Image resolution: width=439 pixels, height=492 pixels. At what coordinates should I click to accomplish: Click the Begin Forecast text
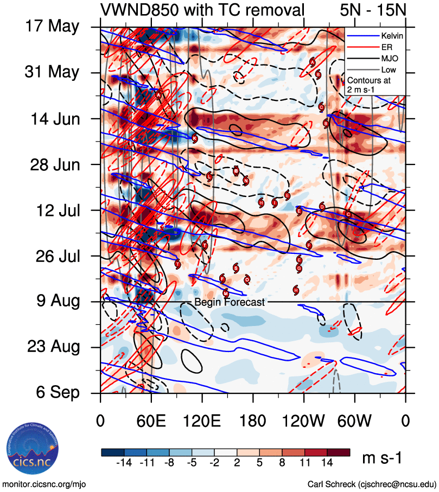coord(230,302)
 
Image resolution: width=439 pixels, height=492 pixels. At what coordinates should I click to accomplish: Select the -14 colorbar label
coord(124,464)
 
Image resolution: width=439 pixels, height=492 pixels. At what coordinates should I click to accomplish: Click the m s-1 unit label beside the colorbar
coord(382,458)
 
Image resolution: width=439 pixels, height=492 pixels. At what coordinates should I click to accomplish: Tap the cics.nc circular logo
coord(32,450)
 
